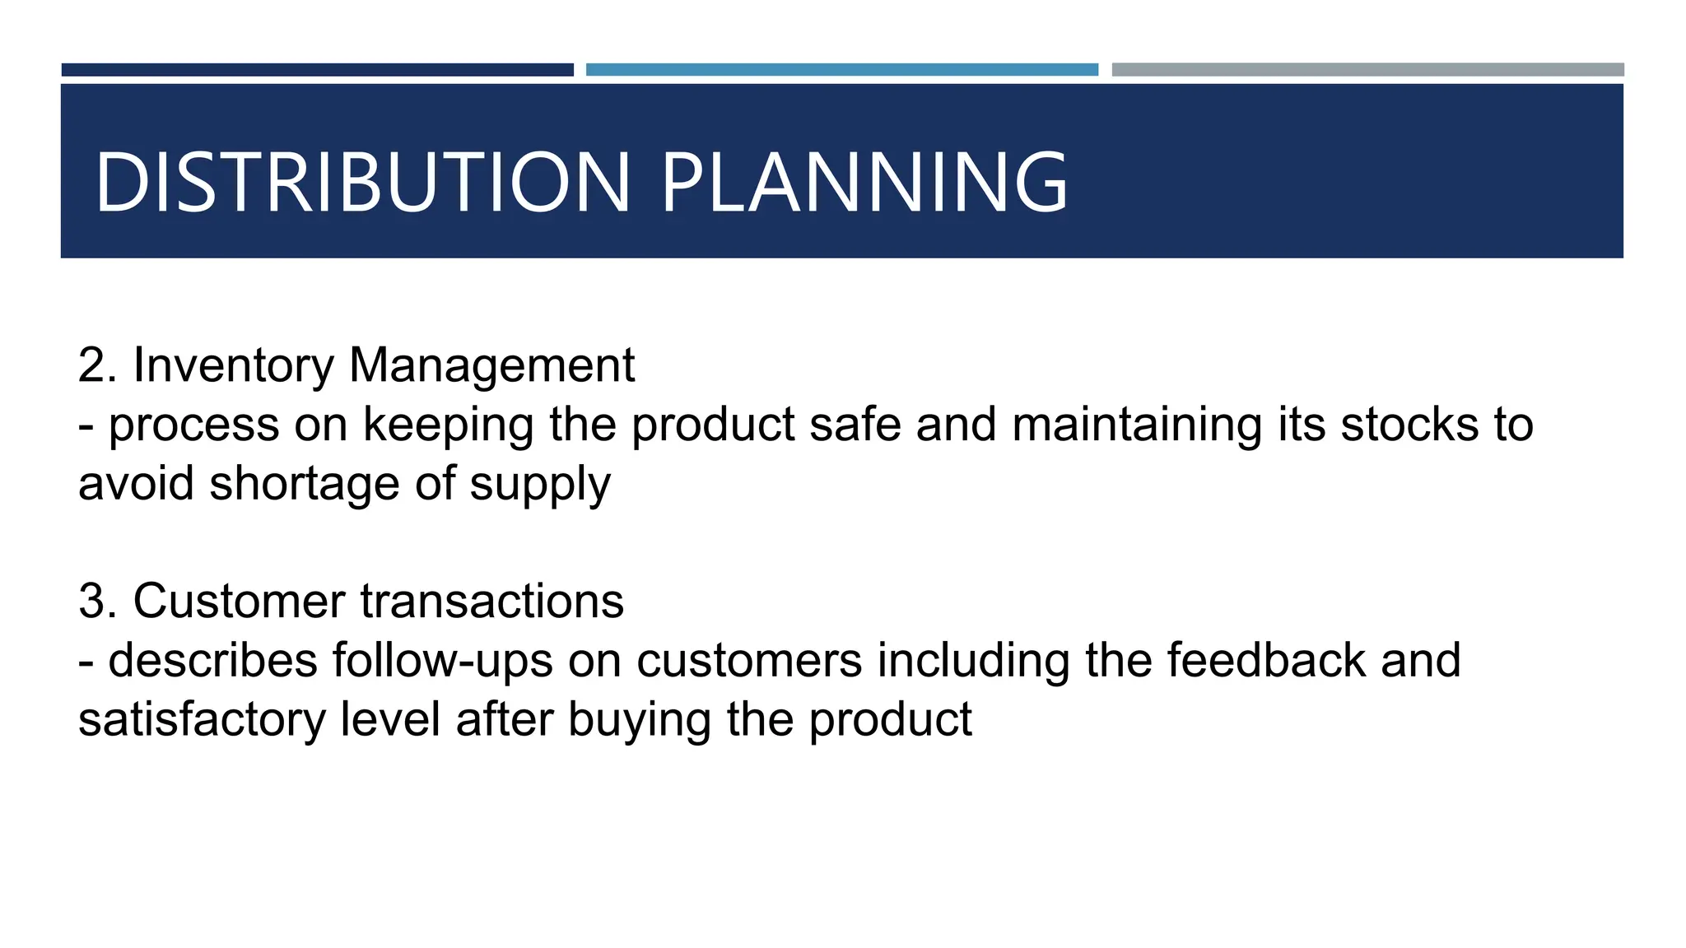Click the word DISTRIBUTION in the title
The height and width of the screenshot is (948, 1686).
(x=362, y=182)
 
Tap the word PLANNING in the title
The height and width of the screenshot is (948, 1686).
(x=864, y=182)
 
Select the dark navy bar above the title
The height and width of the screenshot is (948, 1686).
(x=317, y=70)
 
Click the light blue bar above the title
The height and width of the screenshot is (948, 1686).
(x=841, y=70)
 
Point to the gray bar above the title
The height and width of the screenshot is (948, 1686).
(x=1367, y=70)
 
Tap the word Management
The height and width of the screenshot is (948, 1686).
(x=491, y=365)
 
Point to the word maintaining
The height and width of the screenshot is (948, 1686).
(x=1136, y=426)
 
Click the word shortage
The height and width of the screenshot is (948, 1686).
(x=305, y=485)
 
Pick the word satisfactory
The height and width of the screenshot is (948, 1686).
(x=202, y=720)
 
